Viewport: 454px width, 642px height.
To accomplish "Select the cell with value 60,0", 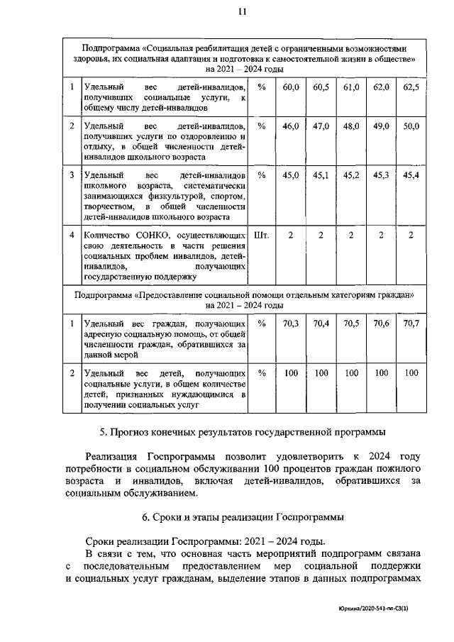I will pos(291,87).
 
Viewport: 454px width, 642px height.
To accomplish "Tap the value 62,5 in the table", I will pos(411,87).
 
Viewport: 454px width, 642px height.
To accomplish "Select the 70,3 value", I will pos(291,323).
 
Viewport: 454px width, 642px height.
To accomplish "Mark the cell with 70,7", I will pos(411,323).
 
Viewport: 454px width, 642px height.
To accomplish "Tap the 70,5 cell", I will pos(351,323).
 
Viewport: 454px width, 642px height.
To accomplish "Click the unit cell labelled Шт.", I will pos(261,235).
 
